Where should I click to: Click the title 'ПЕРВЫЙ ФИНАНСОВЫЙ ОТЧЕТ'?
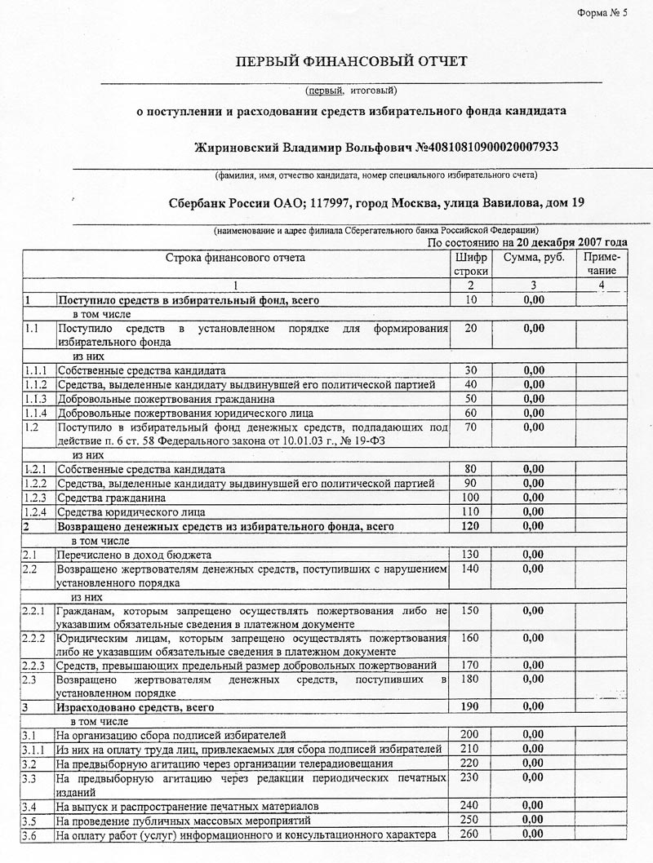352,62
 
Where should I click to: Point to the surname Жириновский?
237,148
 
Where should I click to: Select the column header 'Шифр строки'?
470,263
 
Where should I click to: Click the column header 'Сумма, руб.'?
533,258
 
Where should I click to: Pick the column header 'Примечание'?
602,263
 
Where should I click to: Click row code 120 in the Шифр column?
470,526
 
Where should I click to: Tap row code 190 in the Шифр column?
470,706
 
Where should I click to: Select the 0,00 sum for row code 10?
533,300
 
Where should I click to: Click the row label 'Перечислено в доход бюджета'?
134,555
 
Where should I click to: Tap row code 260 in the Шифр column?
470,833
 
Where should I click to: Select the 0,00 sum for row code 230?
533,777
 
